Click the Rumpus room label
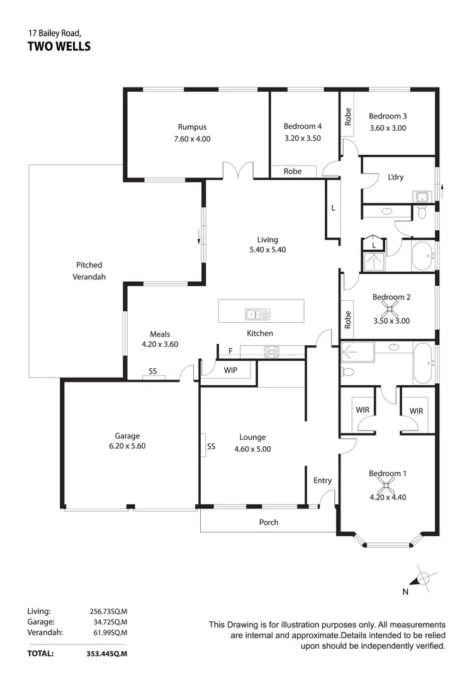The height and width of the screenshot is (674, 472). (x=192, y=126)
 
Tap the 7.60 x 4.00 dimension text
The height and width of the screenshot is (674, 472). (x=192, y=138)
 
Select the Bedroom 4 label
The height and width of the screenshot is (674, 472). (x=302, y=126)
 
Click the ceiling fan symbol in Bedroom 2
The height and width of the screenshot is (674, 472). (x=390, y=308)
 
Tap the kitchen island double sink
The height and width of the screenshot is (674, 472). (x=257, y=313)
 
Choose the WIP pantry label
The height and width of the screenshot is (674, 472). (x=230, y=370)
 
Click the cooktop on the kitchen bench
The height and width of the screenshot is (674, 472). (x=272, y=352)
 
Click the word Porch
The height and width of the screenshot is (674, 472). (x=269, y=522)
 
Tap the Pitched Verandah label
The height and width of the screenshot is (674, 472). (x=89, y=271)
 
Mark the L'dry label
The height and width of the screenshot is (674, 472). (x=396, y=177)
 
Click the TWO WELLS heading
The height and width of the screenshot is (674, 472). (x=59, y=46)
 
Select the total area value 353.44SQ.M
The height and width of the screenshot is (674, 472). (x=106, y=654)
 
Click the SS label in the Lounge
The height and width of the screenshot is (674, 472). (x=211, y=446)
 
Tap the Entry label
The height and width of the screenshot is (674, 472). (x=322, y=481)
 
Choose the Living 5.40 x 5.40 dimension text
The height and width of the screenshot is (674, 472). (x=267, y=250)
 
